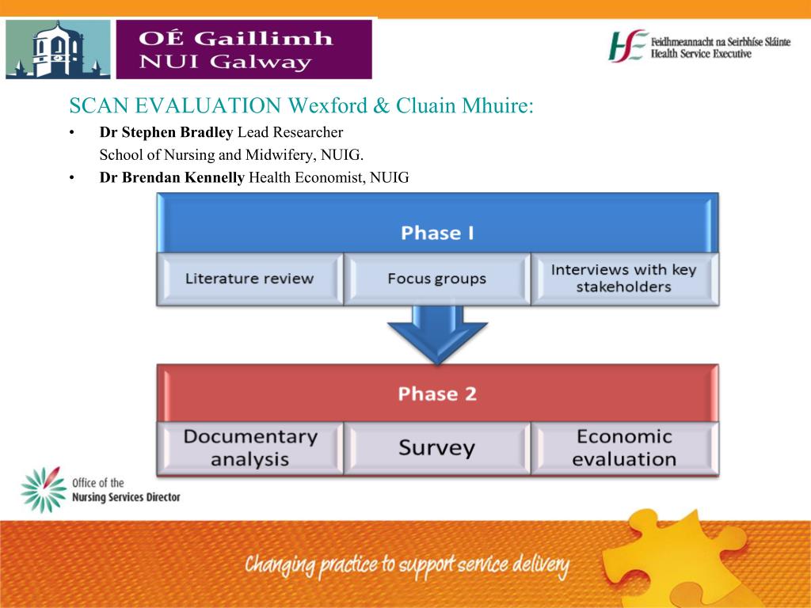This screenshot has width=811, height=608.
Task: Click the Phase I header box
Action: [x=437, y=222]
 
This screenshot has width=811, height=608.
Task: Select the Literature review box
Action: [x=249, y=279]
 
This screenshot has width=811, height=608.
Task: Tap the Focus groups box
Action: [x=437, y=279]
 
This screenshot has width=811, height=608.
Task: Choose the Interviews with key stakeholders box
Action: [x=624, y=279]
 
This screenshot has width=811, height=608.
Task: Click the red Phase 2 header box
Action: [x=437, y=393]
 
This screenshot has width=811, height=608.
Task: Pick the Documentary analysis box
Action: [x=249, y=448]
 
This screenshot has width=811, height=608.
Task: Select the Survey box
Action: [x=437, y=448]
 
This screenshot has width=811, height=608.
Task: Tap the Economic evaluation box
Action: [x=624, y=448]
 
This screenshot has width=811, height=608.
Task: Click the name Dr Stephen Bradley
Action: [x=166, y=132]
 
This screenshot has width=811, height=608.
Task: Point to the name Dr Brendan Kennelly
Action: [x=172, y=177]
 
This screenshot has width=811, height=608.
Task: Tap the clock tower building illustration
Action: [x=58, y=50]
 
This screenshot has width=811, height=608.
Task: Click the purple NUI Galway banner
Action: [x=244, y=50]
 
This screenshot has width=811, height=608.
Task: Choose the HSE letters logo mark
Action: [x=628, y=46]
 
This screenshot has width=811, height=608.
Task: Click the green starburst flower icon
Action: [x=44, y=489]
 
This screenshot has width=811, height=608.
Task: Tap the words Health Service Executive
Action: [x=701, y=54]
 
